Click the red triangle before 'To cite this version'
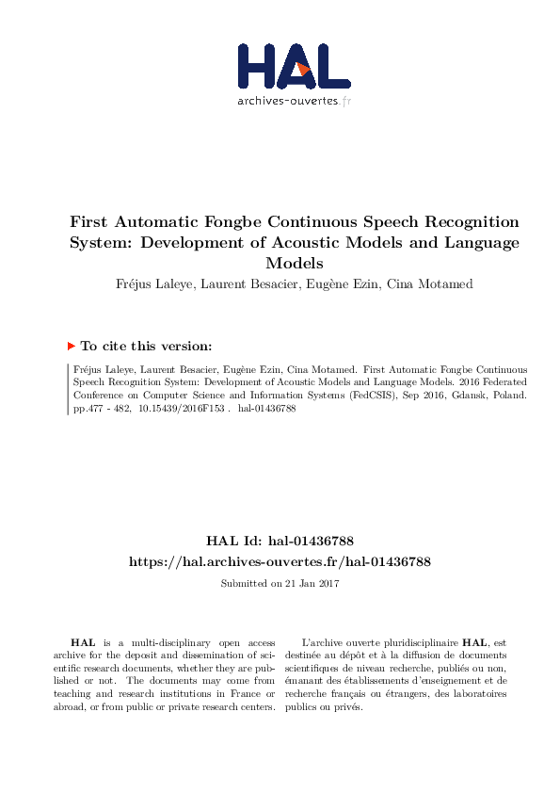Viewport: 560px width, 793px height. [x=72, y=347]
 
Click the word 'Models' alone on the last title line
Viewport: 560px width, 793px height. [x=294, y=263]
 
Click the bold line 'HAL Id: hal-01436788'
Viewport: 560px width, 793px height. [x=280, y=542]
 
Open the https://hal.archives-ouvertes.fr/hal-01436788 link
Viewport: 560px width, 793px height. [x=280, y=561]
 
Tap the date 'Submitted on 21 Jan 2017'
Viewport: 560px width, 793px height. [x=280, y=584]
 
